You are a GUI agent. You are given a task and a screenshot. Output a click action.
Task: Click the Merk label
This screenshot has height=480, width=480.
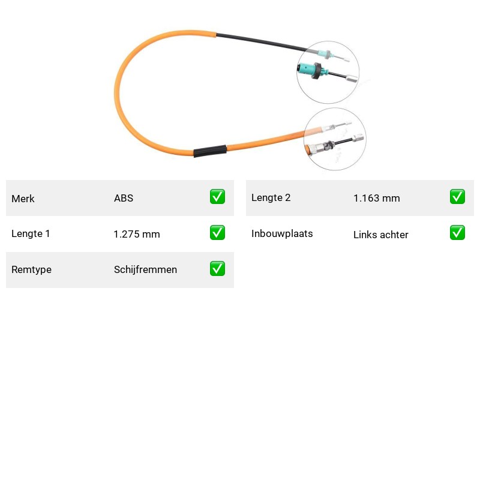click(x=23, y=199)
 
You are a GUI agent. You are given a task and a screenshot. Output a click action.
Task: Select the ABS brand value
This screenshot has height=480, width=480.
click(x=124, y=198)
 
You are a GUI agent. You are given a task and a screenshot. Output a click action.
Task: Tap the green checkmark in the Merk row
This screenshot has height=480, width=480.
click(x=217, y=197)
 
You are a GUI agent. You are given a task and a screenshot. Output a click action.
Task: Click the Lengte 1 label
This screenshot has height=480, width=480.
click(x=31, y=233)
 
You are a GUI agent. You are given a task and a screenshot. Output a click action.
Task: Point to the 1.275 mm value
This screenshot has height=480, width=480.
click(x=137, y=234)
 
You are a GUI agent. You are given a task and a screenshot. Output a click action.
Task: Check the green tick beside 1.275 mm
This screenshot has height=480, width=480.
click(x=217, y=233)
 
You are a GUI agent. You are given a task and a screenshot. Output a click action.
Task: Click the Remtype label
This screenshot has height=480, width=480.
click(x=32, y=269)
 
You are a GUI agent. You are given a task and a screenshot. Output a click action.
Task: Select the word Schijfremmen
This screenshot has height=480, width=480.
click(x=145, y=269)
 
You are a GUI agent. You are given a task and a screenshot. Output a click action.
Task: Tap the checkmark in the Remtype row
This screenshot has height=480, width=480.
click(x=217, y=268)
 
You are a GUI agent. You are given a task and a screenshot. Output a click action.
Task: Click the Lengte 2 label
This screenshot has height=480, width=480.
click(x=271, y=198)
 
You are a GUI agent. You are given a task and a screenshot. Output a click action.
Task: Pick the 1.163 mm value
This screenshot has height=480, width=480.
click(x=377, y=199)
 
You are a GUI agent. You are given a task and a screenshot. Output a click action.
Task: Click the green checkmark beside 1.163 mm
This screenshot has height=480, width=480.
click(x=457, y=197)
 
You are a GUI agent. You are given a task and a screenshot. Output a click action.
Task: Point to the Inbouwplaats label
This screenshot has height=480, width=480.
click(x=282, y=233)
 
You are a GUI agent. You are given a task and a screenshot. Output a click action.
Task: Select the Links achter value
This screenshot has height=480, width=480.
click(x=381, y=235)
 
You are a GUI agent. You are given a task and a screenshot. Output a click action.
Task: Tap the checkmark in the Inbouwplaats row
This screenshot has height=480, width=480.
click(x=457, y=233)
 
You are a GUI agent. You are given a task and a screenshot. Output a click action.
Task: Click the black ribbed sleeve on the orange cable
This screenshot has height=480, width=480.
click(x=210, y=151)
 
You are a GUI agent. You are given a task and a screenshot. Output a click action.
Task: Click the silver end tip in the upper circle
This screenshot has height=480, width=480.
click(x=352, y=79)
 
